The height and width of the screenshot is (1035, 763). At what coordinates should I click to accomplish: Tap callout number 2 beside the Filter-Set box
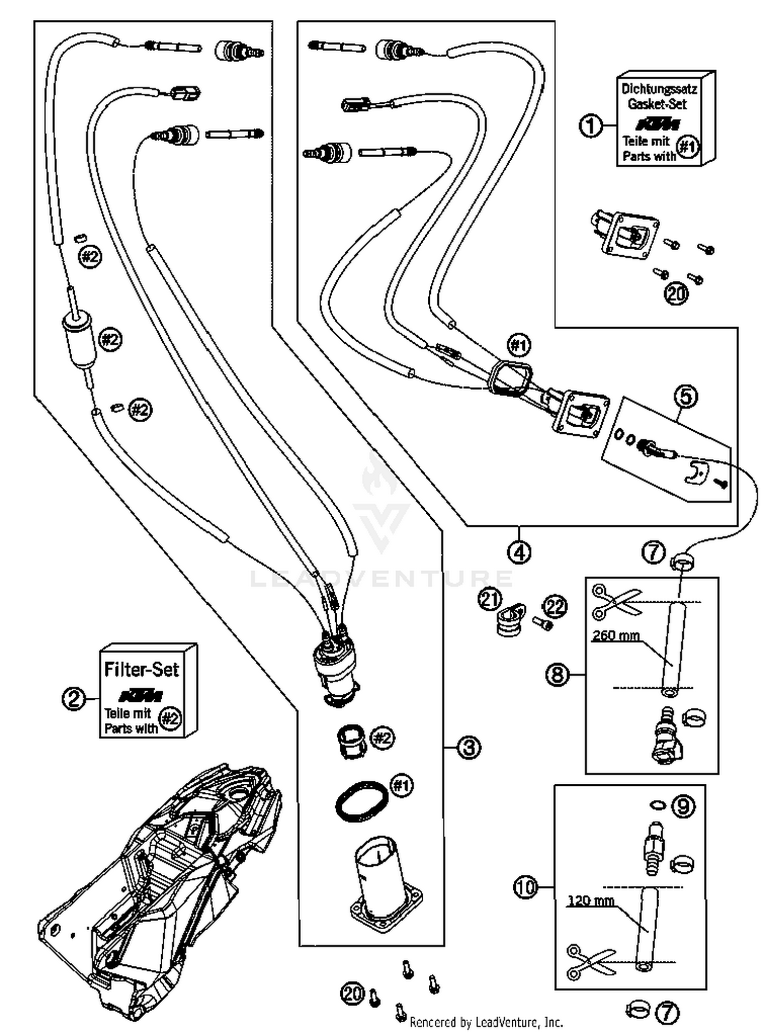pos(74,699)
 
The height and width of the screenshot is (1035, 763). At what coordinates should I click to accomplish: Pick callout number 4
pos(519,552)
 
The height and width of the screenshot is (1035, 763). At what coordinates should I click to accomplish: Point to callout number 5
pos(686,396)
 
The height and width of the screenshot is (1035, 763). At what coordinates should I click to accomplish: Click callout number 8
pos(557,674)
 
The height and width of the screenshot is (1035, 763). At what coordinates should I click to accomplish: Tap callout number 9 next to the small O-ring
pos(683,806)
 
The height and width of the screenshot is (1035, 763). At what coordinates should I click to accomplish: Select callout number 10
pos(525,888)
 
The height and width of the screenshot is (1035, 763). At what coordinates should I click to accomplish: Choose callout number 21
pos(490,600)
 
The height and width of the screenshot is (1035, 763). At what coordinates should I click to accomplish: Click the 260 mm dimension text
pos(616,635)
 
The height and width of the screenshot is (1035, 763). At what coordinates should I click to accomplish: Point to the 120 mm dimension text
pos(591,901)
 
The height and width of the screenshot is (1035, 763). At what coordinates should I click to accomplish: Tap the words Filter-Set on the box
pos(141,669)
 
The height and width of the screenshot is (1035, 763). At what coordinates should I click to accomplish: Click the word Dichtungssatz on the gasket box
pos(659,89)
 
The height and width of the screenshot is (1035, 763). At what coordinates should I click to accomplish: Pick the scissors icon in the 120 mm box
pos(590,961)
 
